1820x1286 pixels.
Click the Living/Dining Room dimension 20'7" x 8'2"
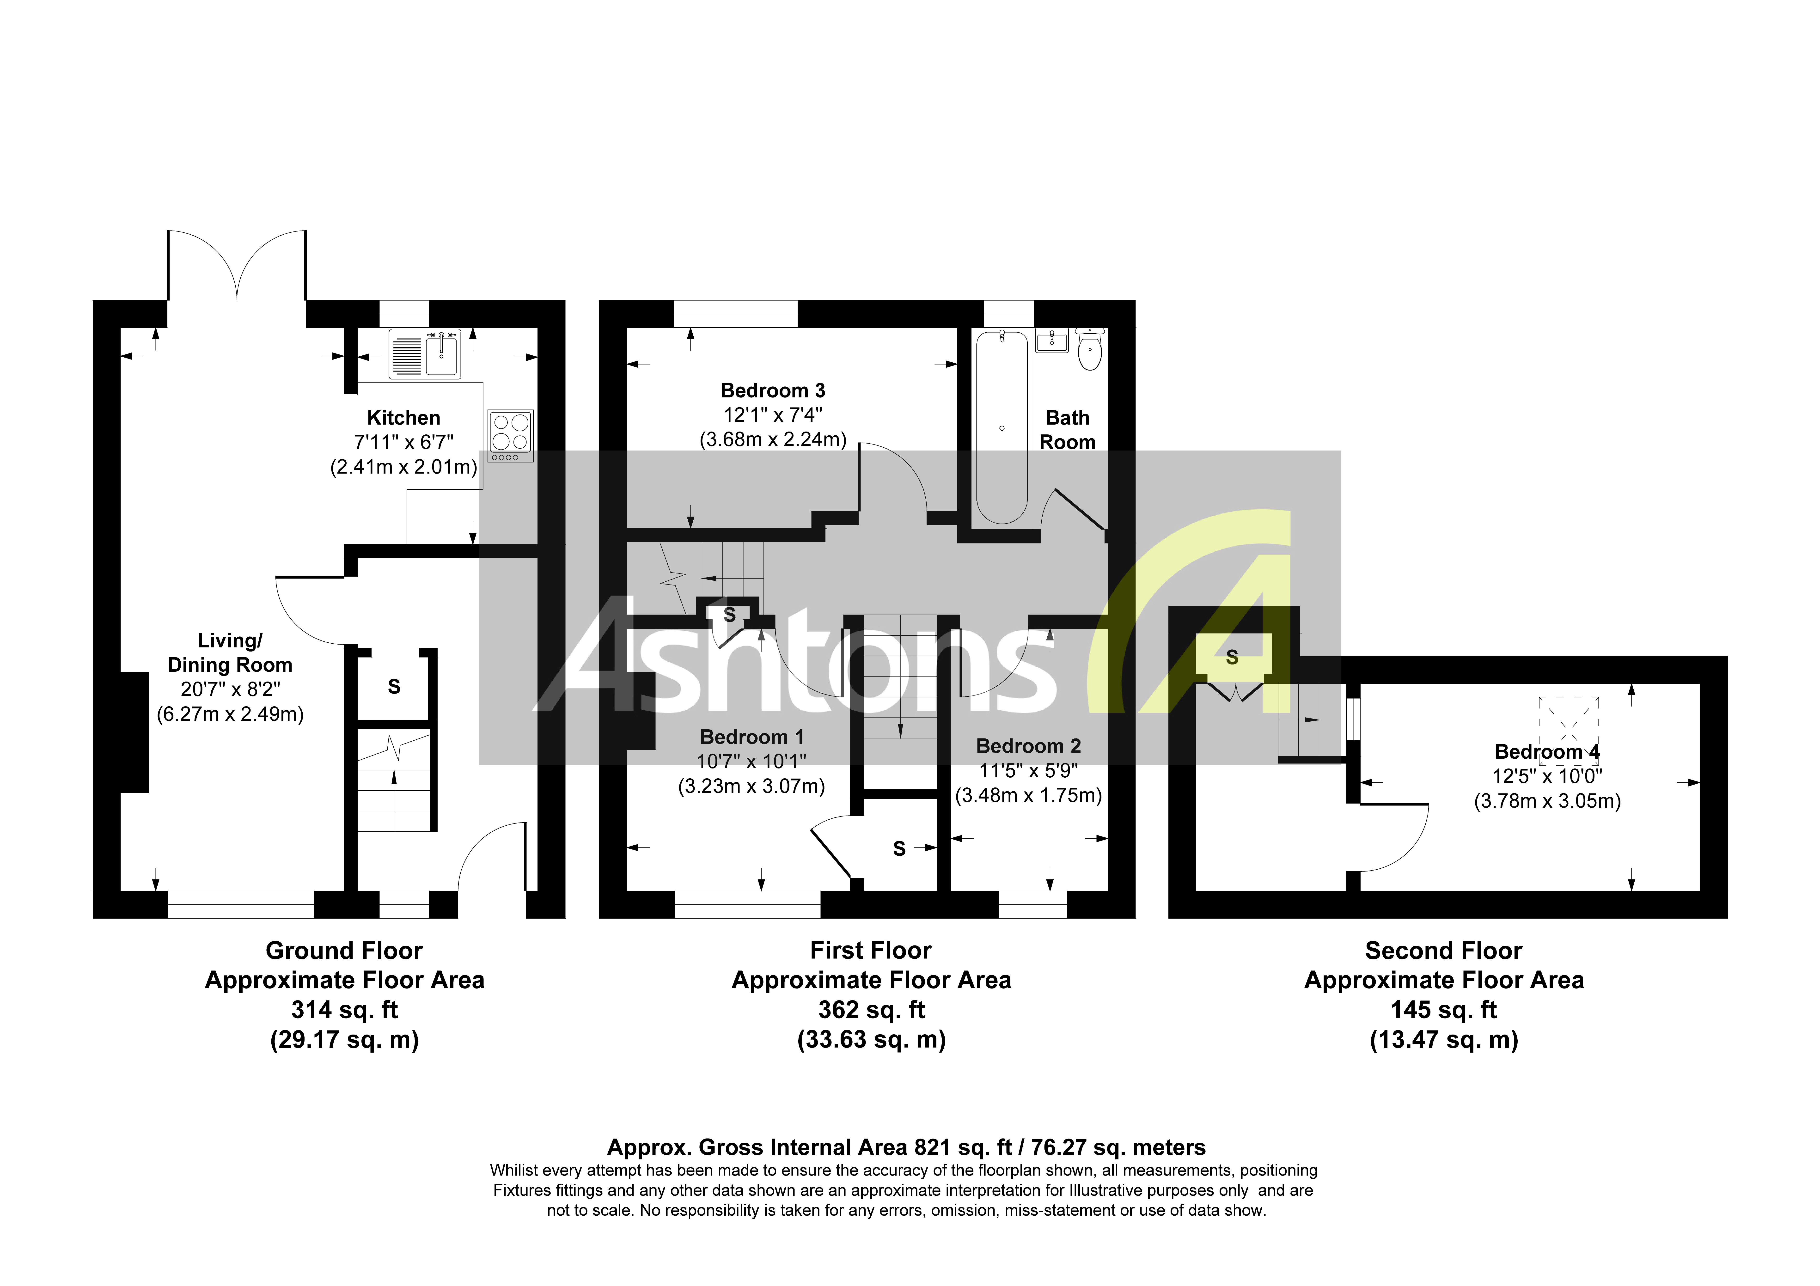pos(230,689)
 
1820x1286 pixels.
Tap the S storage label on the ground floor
pos(394,687)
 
